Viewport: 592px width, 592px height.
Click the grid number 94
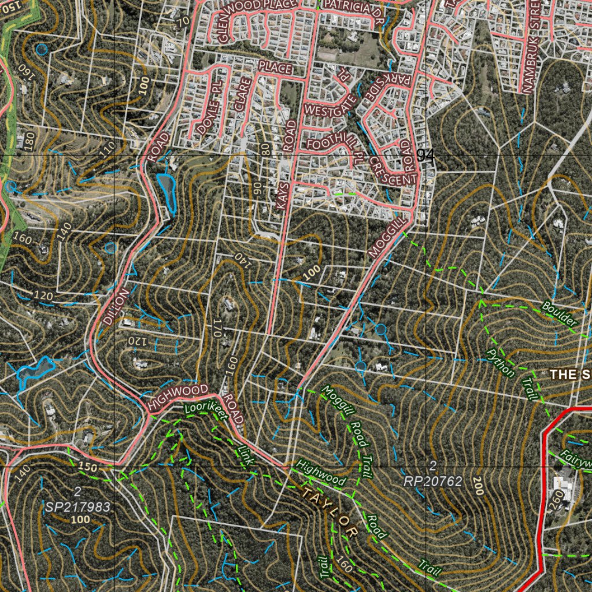pos(425,155)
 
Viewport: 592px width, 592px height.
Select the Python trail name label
pos(500,362)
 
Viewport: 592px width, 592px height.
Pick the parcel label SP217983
pos(77,505)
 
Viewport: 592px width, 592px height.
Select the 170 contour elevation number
pos(219,328)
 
